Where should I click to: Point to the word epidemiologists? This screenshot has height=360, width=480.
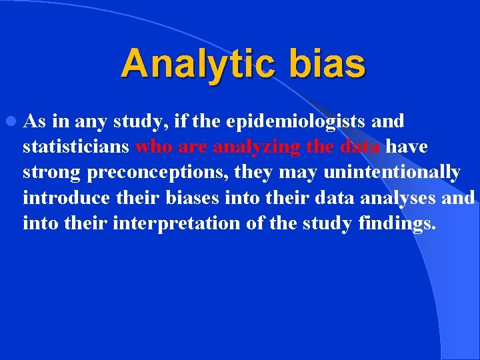(295, 122)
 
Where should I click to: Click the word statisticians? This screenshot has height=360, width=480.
(76, 147)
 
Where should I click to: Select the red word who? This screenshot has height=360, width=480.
(153, 147)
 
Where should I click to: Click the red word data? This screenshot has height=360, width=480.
(359, 147)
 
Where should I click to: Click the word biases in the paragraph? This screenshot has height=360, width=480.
(194, 198)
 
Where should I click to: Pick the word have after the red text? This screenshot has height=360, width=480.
(407, 147)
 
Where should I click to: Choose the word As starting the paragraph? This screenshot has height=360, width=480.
(34, 122)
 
